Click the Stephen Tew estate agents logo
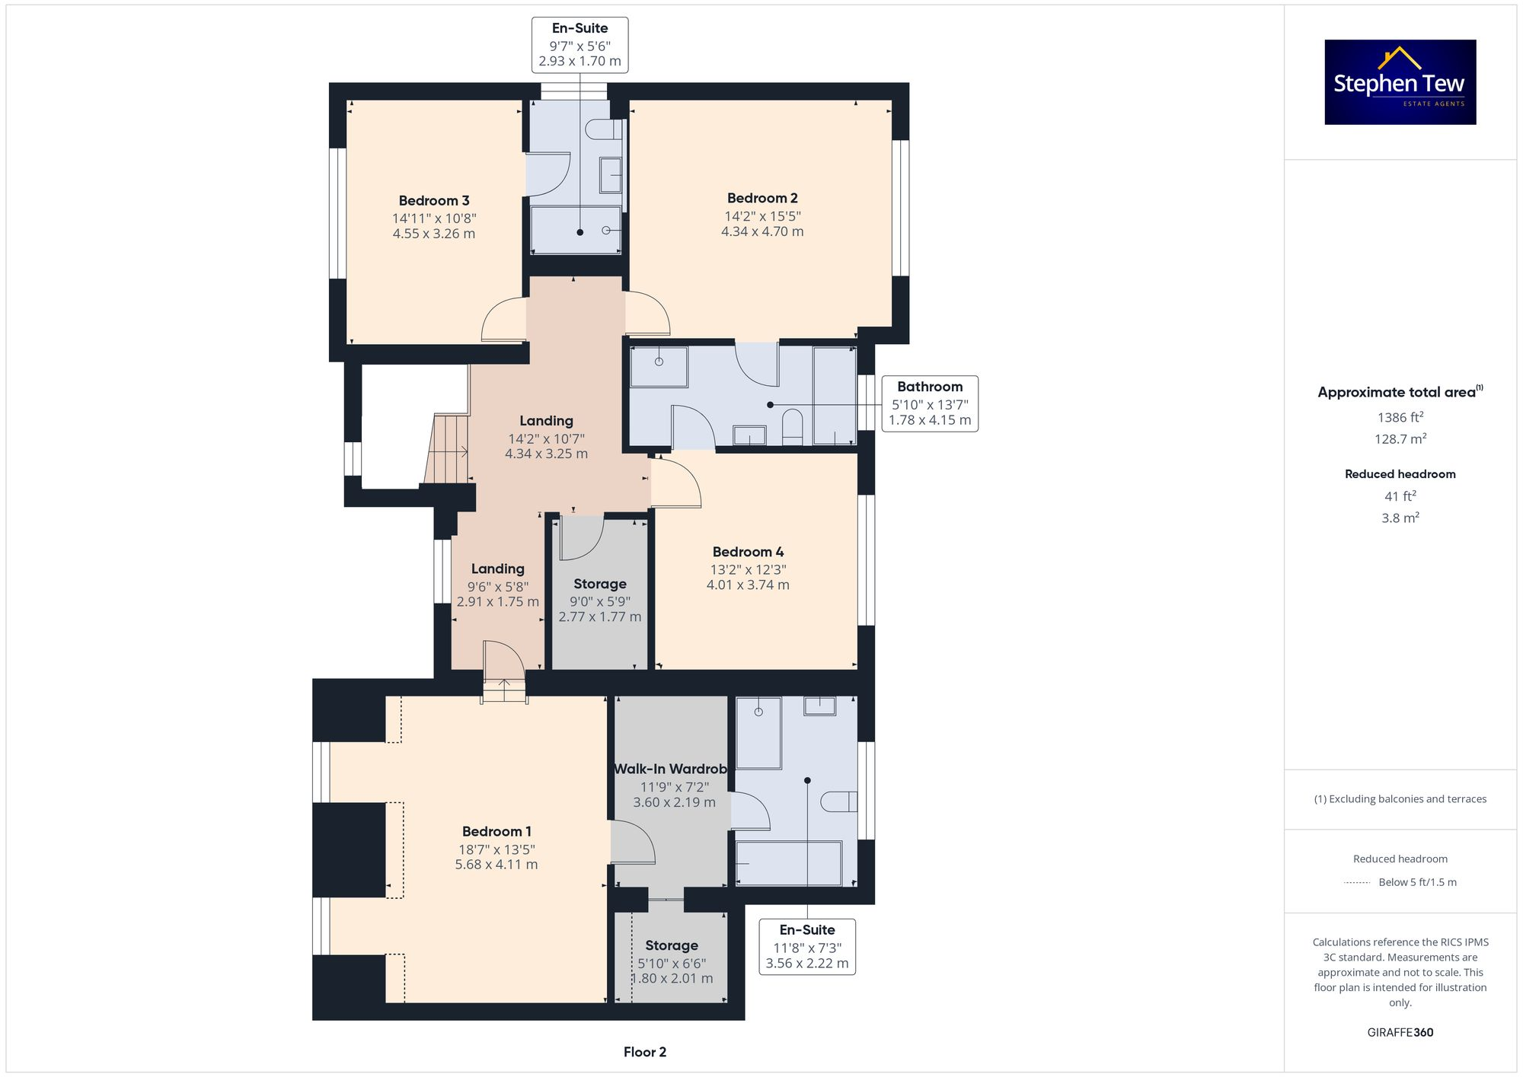click(1400, 82)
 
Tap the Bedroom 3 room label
click(434, 201)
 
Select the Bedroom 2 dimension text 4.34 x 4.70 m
click(762, 231)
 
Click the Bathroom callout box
click(930, 403)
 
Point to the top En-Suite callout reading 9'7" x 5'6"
click(580, 45)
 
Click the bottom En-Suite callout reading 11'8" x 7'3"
click(807, 946)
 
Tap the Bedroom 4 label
click(748, 552)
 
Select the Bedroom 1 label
click(496, 831)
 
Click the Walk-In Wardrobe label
click(670, 769)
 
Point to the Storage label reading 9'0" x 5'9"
click(600, 584)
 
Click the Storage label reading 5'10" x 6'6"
click(672, 945)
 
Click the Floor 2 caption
click(644, 1052)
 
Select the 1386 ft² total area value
click(1400, 417)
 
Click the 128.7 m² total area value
click(1400, 439)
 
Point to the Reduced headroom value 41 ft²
click(1400, 496)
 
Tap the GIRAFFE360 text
click(1400, 1033)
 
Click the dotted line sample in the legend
click(1357, 883)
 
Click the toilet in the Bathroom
click(793, 427)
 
